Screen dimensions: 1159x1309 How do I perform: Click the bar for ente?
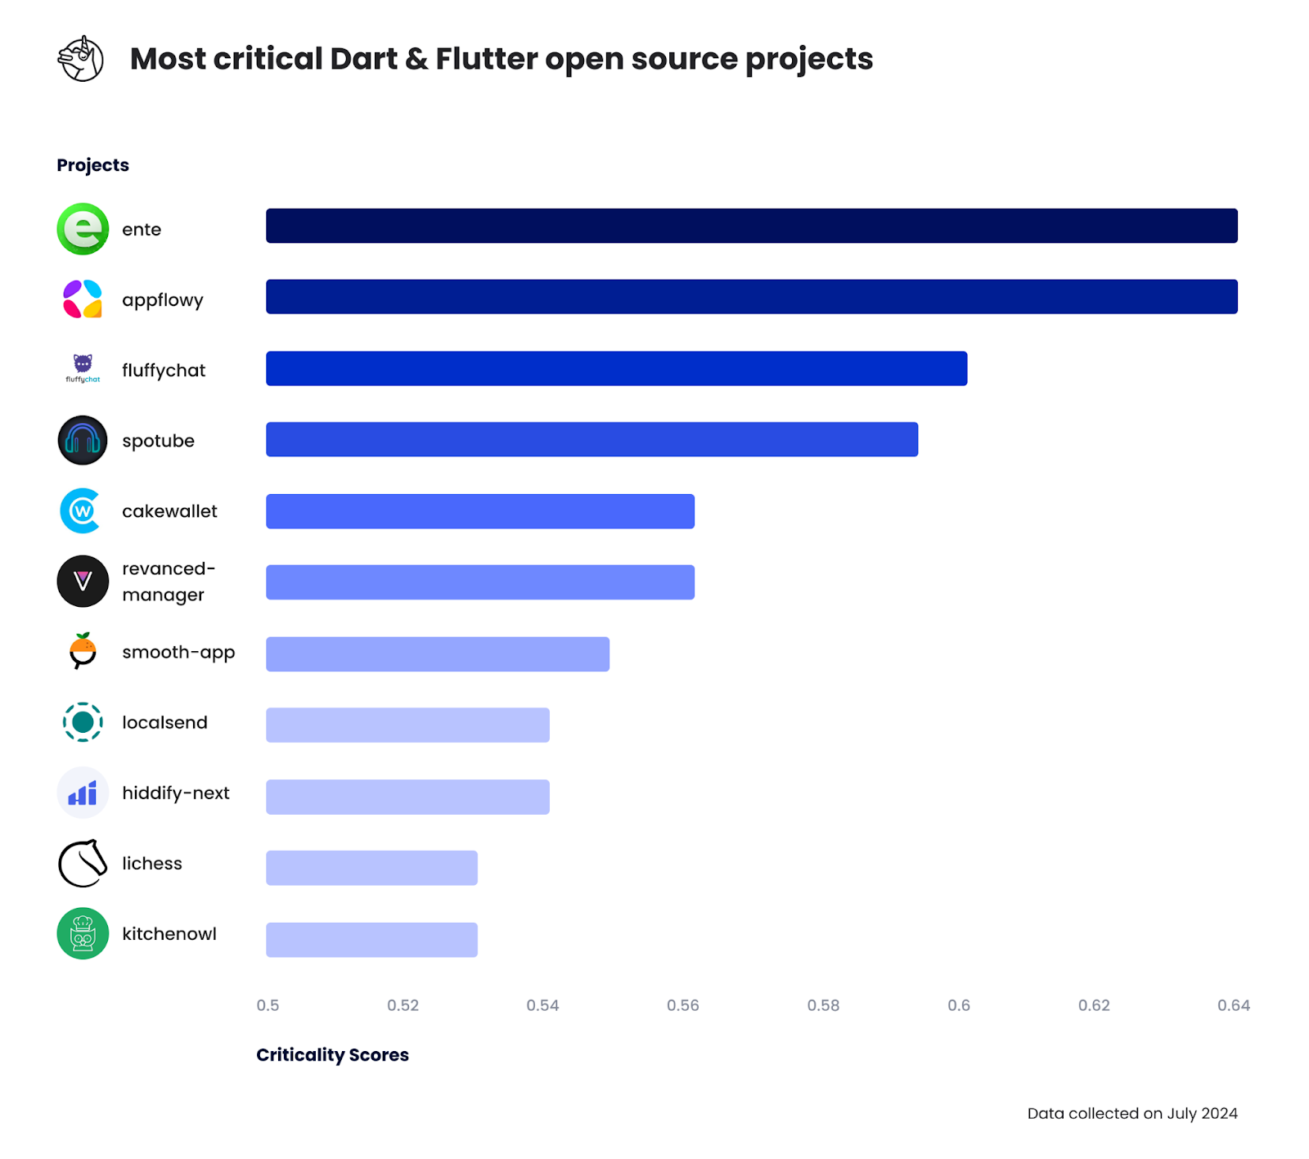point(751,226)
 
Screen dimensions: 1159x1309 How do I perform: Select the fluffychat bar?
point(616,368)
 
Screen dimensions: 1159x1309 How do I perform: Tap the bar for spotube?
point(592,439)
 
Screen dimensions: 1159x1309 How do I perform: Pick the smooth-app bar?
point(438,654)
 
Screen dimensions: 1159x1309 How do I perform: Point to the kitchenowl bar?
point(371,940)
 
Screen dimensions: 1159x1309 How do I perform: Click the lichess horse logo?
point(83,863)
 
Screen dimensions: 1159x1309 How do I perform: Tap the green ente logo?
point(83,229)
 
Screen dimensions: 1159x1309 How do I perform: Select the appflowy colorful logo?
point(83,299)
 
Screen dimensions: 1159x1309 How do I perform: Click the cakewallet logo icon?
point(81,511)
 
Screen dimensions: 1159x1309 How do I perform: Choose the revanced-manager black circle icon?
point(83,582)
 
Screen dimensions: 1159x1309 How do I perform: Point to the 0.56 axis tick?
point(682,1005)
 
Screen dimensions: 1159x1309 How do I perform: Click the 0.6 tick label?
point(959,1005)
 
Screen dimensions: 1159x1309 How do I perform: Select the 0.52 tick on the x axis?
point(403,1005)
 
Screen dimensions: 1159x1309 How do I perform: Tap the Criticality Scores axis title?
point(332,1055)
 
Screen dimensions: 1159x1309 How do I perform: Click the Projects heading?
point(92,165)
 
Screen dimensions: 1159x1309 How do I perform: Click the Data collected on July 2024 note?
point(1132,1113)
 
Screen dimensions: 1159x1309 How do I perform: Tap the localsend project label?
point(164,722)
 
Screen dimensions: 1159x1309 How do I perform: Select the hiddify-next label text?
point(176,793)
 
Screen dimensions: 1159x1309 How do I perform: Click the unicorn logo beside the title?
point(80,59)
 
